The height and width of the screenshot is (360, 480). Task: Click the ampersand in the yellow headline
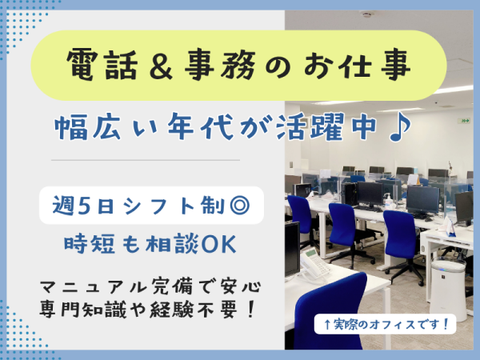point(161,66)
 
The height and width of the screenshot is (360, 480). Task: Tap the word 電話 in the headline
point(102,66)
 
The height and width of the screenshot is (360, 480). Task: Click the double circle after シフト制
point(239,205)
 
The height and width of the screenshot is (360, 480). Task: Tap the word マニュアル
point(95,287)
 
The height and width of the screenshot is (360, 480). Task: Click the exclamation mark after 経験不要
point(250,310)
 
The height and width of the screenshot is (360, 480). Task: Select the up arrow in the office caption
point(327,324)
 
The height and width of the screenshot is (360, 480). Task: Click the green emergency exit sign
point(465,121)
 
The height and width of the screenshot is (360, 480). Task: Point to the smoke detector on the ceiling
point(366,14)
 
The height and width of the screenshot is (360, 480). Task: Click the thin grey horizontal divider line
point(146,160)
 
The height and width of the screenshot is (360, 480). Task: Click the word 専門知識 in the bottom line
point(82,310)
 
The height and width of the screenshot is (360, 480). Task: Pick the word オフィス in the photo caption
point(392,324)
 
